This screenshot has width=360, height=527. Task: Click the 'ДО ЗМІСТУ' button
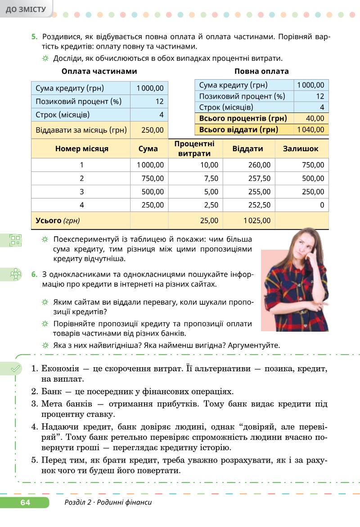coord(26,9)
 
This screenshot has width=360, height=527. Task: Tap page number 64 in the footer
coord(25,502)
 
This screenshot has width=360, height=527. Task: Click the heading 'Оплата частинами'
coord(99,71)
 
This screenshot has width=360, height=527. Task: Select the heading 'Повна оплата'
coord(261,71)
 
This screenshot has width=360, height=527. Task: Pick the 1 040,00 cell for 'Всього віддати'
coord(310,130)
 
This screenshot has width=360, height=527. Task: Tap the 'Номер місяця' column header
coord(81,149)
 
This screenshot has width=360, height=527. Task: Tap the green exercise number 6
coord(34,274)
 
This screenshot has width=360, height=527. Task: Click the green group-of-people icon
coord(16,274)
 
